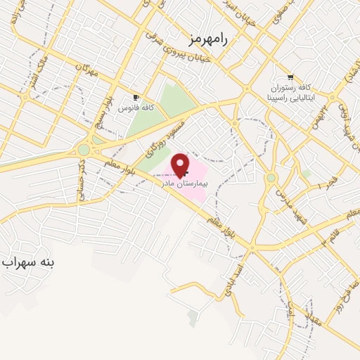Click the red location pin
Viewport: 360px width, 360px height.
[181, 165]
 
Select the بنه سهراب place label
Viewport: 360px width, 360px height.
[29, 263]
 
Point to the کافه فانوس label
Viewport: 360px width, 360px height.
[137, 108]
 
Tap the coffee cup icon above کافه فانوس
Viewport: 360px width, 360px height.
[136, 97]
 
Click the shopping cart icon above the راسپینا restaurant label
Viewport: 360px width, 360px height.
[291, 77]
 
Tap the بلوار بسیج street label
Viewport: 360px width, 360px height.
[105, 108]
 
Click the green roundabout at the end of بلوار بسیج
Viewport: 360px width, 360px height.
[84, 150]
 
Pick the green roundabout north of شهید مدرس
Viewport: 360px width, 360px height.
[271, 177]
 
